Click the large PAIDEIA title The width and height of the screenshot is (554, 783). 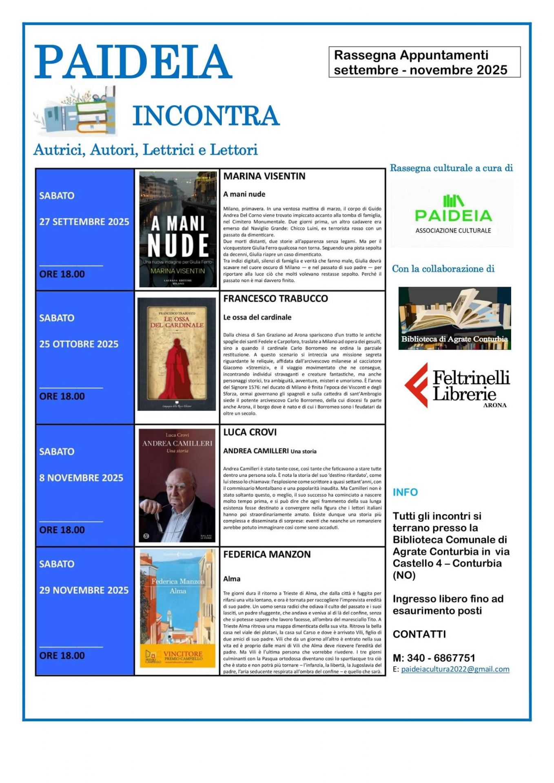click(x=133, y=62)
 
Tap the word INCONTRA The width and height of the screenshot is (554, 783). click(x=206, y=116)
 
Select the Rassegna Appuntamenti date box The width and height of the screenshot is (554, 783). click(x=424, y=62)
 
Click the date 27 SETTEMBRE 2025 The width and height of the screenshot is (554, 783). click(x=84, y=222)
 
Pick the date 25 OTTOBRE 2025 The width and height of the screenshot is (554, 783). click(x=79, y=344)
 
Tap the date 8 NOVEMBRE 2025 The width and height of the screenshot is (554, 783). click(x=81, y=478)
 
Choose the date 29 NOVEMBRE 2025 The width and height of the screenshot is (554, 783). click(x=84, y=590)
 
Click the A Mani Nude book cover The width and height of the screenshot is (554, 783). click(x=178, y=229)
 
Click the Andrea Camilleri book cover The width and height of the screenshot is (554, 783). click(x=177, y=485)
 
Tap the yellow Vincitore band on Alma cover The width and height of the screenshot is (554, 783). click(x=177, y=656)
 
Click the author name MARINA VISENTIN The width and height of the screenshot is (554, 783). click(x=264, y=176)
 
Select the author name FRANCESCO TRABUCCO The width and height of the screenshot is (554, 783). click(x=275, y=299)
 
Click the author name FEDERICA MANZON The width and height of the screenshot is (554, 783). click(x=267, y=554)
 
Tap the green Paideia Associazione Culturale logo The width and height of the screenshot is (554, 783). click(x=453, y=214)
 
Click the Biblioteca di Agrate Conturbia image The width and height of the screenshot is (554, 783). click(x=454, y=318)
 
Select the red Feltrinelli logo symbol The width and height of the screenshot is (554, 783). click(x=416, y=385)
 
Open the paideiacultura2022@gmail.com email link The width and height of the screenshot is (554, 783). click(x=455, y=669)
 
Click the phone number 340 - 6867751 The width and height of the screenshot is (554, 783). click(x=441, y=658)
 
